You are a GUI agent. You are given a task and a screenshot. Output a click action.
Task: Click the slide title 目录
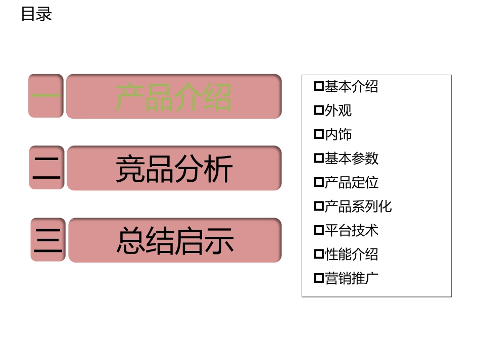click(x=36, y=14)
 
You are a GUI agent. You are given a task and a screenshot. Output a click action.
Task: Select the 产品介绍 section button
click(x=173, y=96)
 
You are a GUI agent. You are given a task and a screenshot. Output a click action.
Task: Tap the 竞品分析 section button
click(x=173, y=168)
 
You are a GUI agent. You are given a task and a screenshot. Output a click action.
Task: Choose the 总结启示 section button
click(x=174, y=240)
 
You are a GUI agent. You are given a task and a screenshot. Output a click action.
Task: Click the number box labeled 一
click(x=46, y=96)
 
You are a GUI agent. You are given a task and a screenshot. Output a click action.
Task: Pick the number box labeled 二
click(x=46, y=168)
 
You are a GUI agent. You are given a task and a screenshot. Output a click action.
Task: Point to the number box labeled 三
click(x=48, y=240)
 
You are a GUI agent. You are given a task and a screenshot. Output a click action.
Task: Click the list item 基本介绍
click(x=351, y=87)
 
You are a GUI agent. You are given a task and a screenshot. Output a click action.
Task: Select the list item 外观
click(x=338, y=111)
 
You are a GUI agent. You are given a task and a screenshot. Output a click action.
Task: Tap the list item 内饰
click(x=338, y=134)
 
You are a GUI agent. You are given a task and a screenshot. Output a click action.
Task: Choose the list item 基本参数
click(x=351, y=159)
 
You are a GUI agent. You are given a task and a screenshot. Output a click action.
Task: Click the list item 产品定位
click(x=351, y=182)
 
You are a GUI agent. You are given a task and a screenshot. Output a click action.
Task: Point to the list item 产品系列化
click(x=358, y=207)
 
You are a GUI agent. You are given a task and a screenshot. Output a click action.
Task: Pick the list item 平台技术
click(x=351, y=230)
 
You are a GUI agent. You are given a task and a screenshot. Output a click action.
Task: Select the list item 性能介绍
click(x=351, y=254)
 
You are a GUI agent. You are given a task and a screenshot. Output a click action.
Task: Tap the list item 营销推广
click(x=351, y=278)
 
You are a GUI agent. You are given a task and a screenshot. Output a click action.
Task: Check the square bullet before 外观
click(x=319, y=110)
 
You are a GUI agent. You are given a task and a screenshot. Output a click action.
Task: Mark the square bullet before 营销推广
click(x=319, y=278)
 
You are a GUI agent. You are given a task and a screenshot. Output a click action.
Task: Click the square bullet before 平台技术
click(x=319, y=230)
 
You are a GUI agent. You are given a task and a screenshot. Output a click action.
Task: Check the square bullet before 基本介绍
click(x=319, y=86)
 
